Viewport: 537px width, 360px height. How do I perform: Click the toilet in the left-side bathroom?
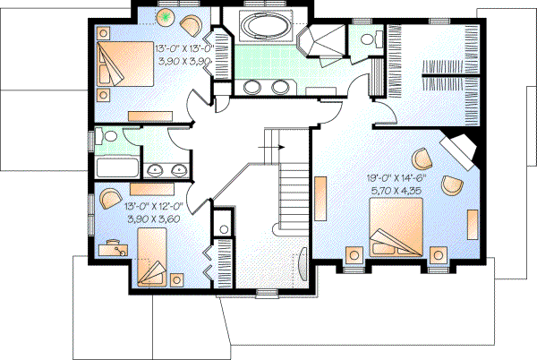point(106,138)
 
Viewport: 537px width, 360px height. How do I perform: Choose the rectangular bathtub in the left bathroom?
point(116,167)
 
